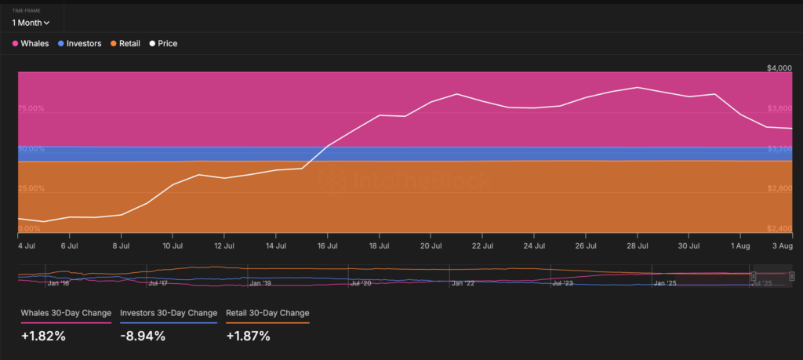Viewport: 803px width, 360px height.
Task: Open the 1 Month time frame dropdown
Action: tap(31, 23)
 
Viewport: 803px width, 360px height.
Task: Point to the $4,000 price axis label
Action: tap(779, 69)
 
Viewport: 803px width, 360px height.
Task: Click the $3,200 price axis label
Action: tap(779, 149)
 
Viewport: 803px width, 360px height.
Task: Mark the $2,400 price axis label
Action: tap(779, 229)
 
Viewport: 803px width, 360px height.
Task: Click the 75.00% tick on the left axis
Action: tap(31, 109)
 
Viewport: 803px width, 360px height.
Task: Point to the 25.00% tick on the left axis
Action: tap(31, 189)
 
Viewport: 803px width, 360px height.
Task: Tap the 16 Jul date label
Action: tap(327, 245)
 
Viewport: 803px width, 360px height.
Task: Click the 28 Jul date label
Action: tap(638, 245)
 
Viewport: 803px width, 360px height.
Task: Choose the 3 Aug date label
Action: tap(783, 245)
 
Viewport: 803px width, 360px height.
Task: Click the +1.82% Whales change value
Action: tap(43, 336)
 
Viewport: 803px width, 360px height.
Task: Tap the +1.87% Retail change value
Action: tap(248, 336)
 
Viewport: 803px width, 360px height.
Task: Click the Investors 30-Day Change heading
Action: tap(169, 313)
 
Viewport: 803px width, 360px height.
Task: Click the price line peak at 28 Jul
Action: tap(638, 87)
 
